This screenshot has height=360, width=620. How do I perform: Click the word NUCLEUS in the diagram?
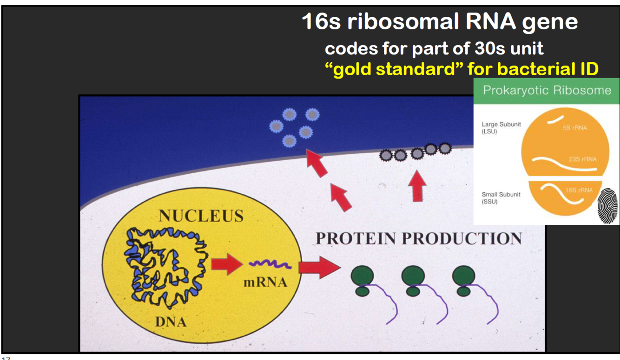tap(201, 216)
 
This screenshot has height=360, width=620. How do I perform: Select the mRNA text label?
tap(265, 282)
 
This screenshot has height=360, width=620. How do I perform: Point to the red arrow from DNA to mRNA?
tap(227, 264)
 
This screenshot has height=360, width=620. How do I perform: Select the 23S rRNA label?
tap(582, 159)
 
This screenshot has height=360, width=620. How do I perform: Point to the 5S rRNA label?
tap(574, 128)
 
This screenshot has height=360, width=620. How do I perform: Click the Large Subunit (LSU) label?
tap(501, 128)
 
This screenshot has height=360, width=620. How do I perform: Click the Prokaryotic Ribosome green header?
tap(547, 90)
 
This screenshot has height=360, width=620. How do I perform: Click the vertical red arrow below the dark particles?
tap(419, 186)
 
